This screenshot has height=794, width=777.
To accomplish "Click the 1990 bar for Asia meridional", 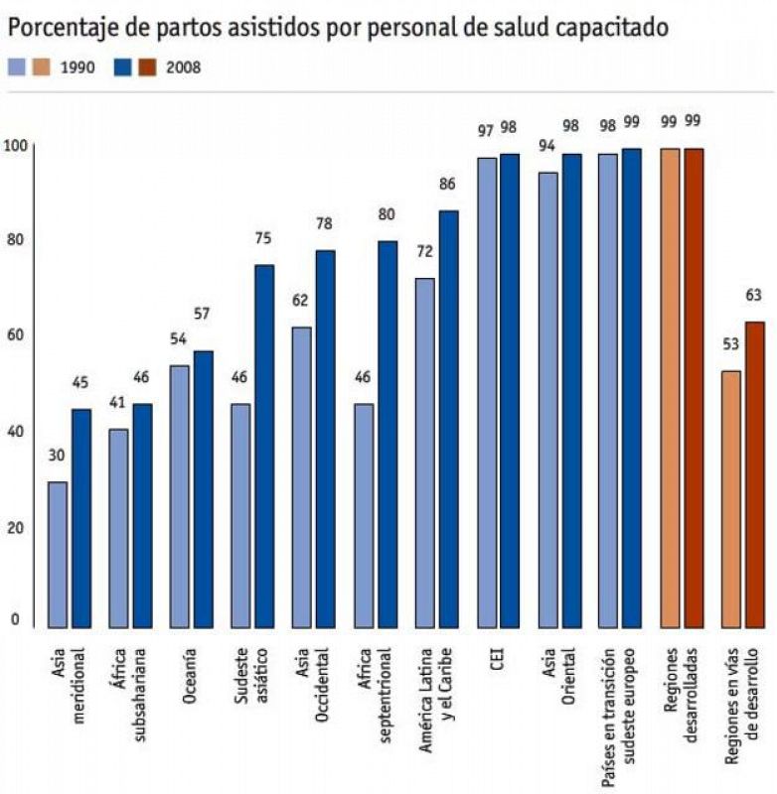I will click(x=58, y=555).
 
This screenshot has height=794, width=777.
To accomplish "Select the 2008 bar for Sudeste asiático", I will click(x=264, y=446).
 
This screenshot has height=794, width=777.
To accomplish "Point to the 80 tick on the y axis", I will click(x=15, y=239).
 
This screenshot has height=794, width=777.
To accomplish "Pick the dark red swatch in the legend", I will click(x=147, y=68).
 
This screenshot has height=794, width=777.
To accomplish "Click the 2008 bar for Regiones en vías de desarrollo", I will click(x=755, y=474).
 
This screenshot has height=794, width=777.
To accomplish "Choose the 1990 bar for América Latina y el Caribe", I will click(x=425, y=453).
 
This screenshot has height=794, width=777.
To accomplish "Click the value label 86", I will click(x=448, y=185).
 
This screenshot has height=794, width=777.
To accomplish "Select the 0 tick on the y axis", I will click(x=15, y=620).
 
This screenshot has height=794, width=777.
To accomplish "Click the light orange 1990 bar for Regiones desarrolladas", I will click(x=671, y=388).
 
